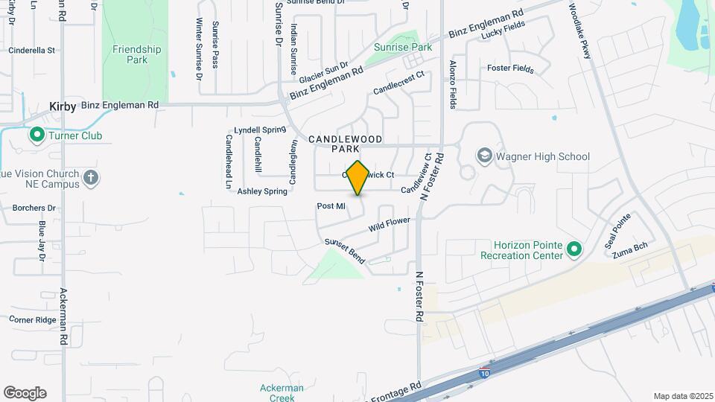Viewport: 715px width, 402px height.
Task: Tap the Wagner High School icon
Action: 485,156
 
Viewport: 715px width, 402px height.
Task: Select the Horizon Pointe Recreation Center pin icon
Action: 574,249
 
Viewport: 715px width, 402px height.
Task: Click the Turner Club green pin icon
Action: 36,135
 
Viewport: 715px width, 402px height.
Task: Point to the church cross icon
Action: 91,177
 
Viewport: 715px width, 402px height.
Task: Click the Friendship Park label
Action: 136,54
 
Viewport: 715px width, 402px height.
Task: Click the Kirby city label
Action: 63,106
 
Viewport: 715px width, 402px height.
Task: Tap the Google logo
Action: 25,393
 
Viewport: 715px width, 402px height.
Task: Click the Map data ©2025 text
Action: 682,396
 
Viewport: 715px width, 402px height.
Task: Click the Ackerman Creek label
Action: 282,392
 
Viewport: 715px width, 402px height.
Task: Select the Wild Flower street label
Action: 389,223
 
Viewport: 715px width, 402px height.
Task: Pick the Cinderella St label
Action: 31,51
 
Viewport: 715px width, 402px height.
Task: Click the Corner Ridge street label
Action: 33,319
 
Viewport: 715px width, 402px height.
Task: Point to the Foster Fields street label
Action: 510,69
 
